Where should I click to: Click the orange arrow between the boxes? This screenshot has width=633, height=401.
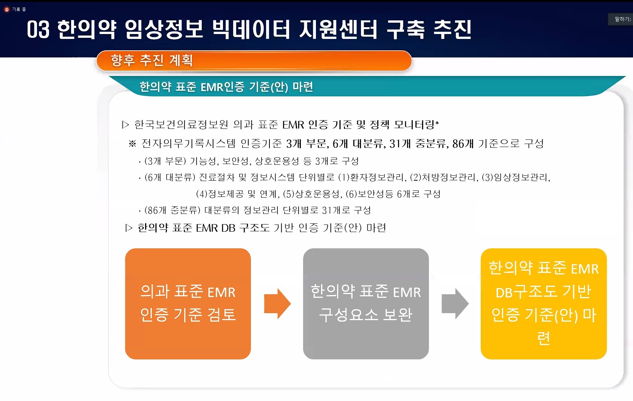click(277, 304)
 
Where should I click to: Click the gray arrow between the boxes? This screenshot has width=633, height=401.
click(455, 304)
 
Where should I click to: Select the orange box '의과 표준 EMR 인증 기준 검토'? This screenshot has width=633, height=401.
click(188, 304)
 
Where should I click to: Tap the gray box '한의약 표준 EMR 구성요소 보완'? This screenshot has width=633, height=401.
click(366, 304)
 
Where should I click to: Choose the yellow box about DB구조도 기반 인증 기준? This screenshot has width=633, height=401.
click(544, 304)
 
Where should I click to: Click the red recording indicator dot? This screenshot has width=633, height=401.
click(7, 9)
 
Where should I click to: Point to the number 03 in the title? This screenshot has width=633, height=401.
click(38, 30)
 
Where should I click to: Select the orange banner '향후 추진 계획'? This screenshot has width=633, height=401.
click(254, 60)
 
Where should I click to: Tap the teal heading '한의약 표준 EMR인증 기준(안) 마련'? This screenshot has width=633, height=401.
click(226, 87)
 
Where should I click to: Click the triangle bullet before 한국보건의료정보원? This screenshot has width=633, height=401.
click(125, 125)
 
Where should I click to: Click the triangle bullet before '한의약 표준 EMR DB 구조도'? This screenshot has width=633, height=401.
click(129, 228)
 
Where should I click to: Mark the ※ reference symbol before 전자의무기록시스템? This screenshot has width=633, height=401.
click(132, 144)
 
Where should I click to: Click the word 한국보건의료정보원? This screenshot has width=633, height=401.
click(181, 125)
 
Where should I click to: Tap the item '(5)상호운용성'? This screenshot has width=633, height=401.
click(311, 194)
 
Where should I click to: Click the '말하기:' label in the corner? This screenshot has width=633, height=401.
click(623, 19)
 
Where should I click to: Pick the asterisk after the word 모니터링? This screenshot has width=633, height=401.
click(437, 123)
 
